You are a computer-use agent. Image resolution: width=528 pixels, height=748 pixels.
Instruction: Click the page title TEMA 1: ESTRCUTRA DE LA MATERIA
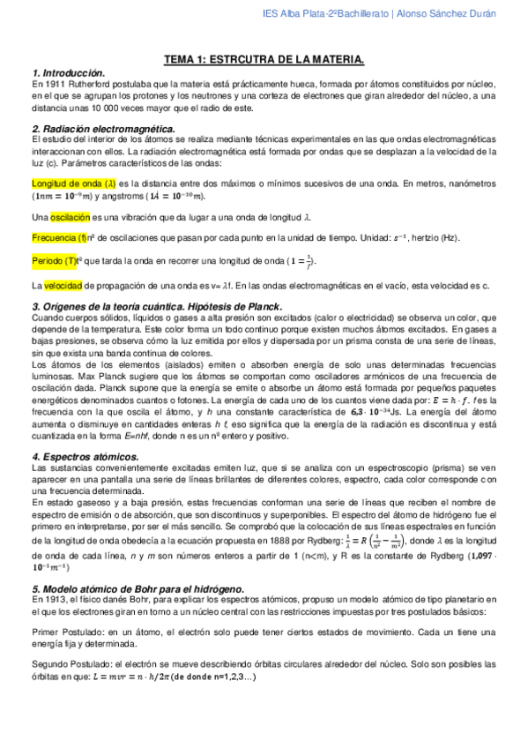coord(264,58)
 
